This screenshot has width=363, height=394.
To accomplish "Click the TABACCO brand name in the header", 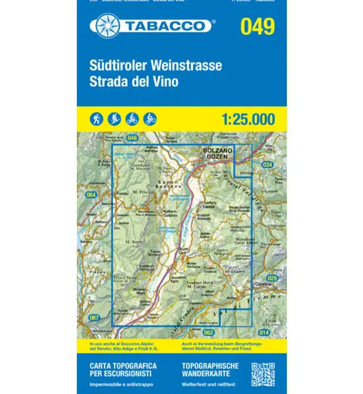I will [170, 27].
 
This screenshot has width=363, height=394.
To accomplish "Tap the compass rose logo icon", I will [102, 27].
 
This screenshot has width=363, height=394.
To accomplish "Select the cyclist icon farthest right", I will [150, 119].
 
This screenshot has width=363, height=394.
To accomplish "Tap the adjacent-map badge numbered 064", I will [90, 195].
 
